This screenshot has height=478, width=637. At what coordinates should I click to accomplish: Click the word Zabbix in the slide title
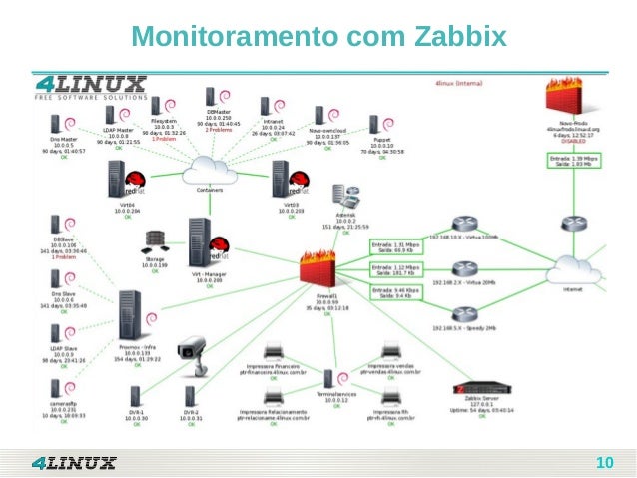(x=454, y=38)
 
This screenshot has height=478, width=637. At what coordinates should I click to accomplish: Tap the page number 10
(x=603, y=463)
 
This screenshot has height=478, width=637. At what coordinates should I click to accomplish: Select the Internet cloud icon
(x=573, y=268)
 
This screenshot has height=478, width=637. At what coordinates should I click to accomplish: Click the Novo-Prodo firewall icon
(x=572, y=99)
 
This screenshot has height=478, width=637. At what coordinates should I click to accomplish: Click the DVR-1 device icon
(x=136, y=399)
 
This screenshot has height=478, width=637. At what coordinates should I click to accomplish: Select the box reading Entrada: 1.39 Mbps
(x=572, y=160)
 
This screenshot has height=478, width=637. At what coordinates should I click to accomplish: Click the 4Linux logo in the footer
(x=74, y=462)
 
